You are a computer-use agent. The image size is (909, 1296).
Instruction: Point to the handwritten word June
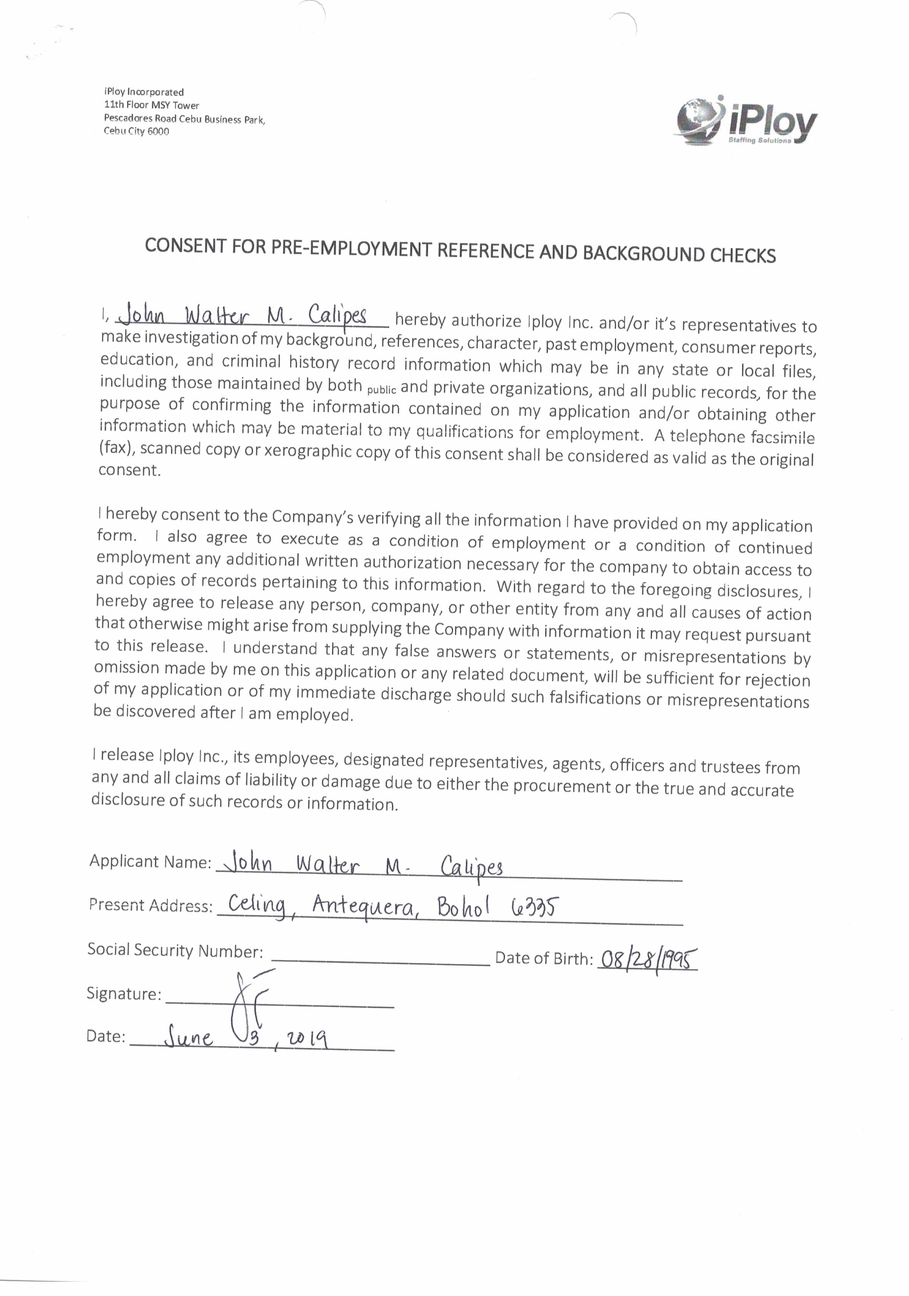click(x=189, y=1038)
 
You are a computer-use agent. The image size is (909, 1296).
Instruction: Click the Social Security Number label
click(x=175, y=951)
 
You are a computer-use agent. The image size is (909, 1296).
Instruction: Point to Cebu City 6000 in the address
click(x=137, y=132)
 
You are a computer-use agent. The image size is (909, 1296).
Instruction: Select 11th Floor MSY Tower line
click(x=151, y=105)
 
